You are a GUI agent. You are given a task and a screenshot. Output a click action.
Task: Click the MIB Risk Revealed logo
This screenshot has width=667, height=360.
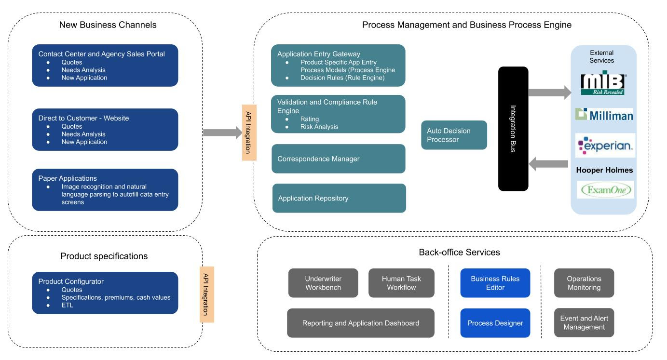tap(603, 84)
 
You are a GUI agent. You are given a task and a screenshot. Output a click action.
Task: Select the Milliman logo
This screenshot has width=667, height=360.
tap(604, 115)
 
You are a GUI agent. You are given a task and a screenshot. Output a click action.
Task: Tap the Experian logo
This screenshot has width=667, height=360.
tap(605, 145)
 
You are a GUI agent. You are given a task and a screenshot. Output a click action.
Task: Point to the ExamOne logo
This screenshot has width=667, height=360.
tap(605, 190)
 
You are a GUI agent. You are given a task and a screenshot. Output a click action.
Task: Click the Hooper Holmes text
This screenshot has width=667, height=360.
tap(604, 170)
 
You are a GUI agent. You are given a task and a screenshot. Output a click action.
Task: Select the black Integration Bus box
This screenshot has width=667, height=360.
tap(513, 129)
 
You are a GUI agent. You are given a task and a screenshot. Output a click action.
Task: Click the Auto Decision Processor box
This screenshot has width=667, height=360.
tap(454, 135)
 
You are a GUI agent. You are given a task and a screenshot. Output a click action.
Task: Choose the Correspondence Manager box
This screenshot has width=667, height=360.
tap(338, 159)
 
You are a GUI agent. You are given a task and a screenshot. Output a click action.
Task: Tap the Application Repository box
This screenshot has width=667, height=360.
tap(339, 198)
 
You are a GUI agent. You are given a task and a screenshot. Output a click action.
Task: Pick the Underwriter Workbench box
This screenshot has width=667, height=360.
tap(323, 283)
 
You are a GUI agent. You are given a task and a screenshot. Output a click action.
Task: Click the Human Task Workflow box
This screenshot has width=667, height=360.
tap(401, 283)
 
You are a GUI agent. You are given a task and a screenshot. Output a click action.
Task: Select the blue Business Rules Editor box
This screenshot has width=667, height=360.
tap(495, 283)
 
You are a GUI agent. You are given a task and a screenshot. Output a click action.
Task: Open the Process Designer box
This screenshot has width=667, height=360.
tap(495, 323)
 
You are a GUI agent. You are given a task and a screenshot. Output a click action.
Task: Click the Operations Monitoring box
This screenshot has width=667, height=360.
tap(584, 283)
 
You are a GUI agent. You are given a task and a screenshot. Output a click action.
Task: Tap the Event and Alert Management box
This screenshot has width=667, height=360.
tap(584, 322)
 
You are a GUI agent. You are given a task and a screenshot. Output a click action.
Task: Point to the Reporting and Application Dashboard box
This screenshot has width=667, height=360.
tap(361, 323)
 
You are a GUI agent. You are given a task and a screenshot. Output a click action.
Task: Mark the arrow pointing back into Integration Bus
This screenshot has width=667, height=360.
tap(549, 164)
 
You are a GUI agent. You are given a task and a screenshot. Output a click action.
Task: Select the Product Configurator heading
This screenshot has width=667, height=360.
tap(71, 281)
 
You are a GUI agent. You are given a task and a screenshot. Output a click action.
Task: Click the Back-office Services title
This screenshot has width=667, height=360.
tap(459, 252)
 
